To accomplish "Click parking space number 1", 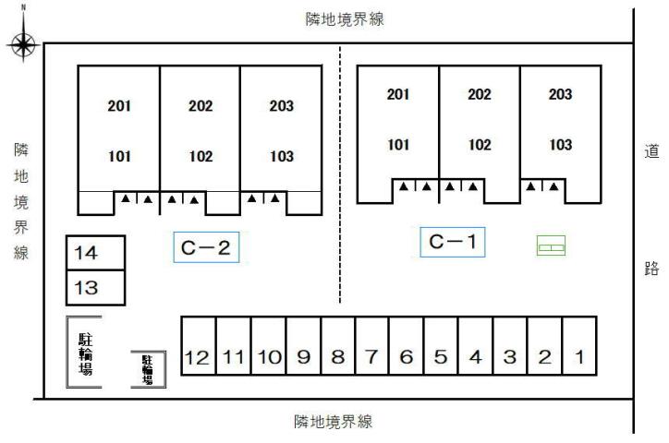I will click(578, 356).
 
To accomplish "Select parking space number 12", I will click(198, 357).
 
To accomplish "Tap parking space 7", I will click(371, 357).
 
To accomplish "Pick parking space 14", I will click(94, 252).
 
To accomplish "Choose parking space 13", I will click(94, 287).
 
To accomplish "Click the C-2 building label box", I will click(206, 248).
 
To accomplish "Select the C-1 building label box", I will click(453, 242).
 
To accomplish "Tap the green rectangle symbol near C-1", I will click(552, 245).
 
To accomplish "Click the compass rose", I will click(24, 42).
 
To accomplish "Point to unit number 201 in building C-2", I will click(119, 105).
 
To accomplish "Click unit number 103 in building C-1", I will click(560, 145).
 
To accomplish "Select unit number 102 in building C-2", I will click(201, 157).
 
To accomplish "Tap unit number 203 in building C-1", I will click(560, 94).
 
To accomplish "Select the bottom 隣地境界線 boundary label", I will click(333, 422).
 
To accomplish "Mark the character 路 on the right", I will click(651, 269).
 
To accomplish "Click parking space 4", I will click(475, 357).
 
